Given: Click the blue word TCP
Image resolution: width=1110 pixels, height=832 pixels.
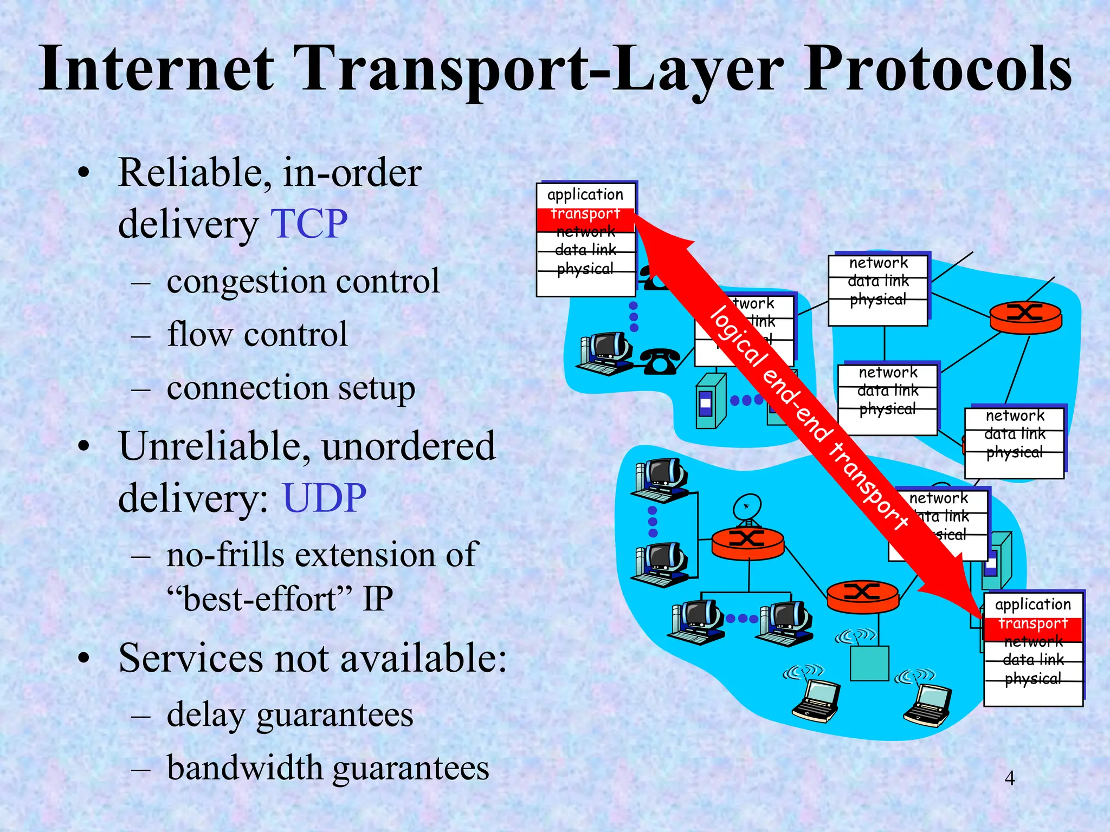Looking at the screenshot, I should click(309, 224).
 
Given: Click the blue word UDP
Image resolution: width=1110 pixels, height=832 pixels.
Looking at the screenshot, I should click(324, 498).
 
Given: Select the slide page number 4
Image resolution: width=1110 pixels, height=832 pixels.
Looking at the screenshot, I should click(1009, 778).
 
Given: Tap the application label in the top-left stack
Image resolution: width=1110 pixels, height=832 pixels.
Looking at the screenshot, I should click(585, 194).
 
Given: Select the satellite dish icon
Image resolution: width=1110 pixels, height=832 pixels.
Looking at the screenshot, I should click(747, 509).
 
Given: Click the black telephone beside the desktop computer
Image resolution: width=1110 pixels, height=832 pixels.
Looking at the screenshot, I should click(660, 362).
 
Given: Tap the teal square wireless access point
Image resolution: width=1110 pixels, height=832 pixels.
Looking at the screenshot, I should click(869, 663).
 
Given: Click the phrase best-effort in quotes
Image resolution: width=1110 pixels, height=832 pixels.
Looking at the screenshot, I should click(260, 600).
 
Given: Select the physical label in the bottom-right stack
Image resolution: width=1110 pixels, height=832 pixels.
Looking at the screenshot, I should click(1032, 679).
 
